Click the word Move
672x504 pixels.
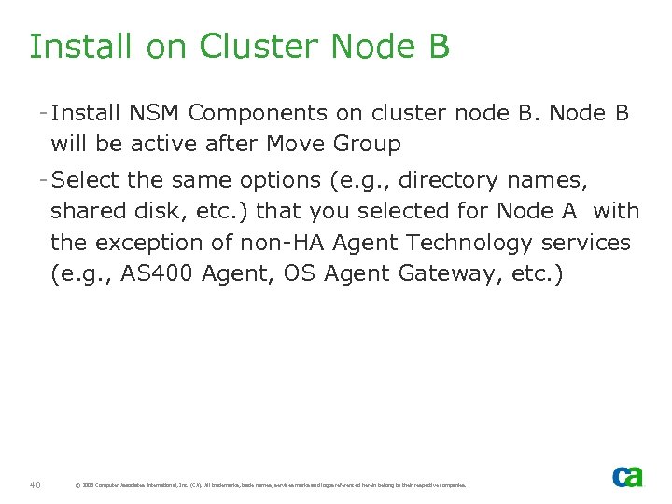[x=299, y=144]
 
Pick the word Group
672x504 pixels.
[x=368, y=144]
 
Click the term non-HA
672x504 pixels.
[x=288, y=243]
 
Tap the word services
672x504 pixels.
[x=589, y=243]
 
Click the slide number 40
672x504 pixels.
[x=35, y=484]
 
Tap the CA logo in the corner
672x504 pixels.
[x=627, y=477]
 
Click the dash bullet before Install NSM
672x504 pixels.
[x=44, y=113]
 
